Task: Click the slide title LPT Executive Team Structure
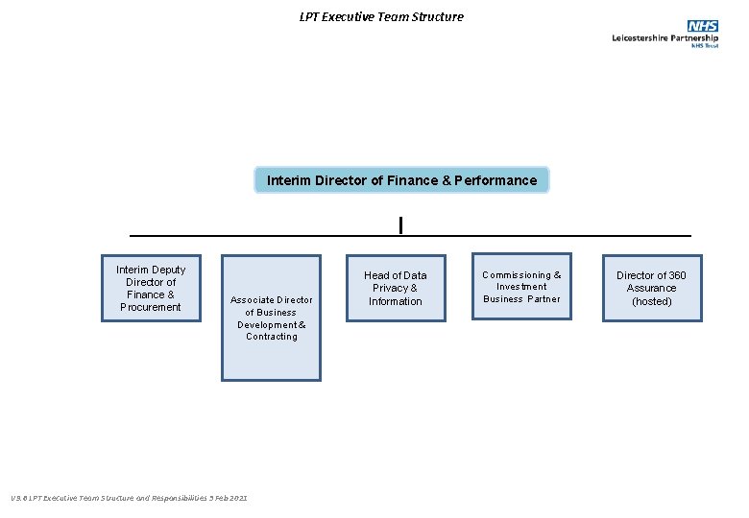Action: (380, 16)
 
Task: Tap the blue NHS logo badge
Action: (702, 26)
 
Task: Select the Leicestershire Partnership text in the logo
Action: (664, 37)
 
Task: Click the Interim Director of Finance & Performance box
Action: (401, 180)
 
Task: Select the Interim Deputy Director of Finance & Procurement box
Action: (151, 288)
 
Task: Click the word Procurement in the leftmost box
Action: (151, 307)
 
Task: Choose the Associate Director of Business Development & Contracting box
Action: (271, 318)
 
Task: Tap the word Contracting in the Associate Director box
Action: (272, 337)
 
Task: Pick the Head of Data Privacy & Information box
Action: (396, 288)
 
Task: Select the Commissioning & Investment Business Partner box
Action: (521, 287)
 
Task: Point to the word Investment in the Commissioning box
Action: (521, 287)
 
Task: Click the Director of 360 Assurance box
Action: (651, 288)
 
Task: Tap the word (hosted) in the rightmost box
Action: (651, 301)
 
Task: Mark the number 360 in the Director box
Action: (677, 275)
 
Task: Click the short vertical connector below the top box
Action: (400, 225)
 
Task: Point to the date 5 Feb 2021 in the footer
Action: (227, 497)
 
